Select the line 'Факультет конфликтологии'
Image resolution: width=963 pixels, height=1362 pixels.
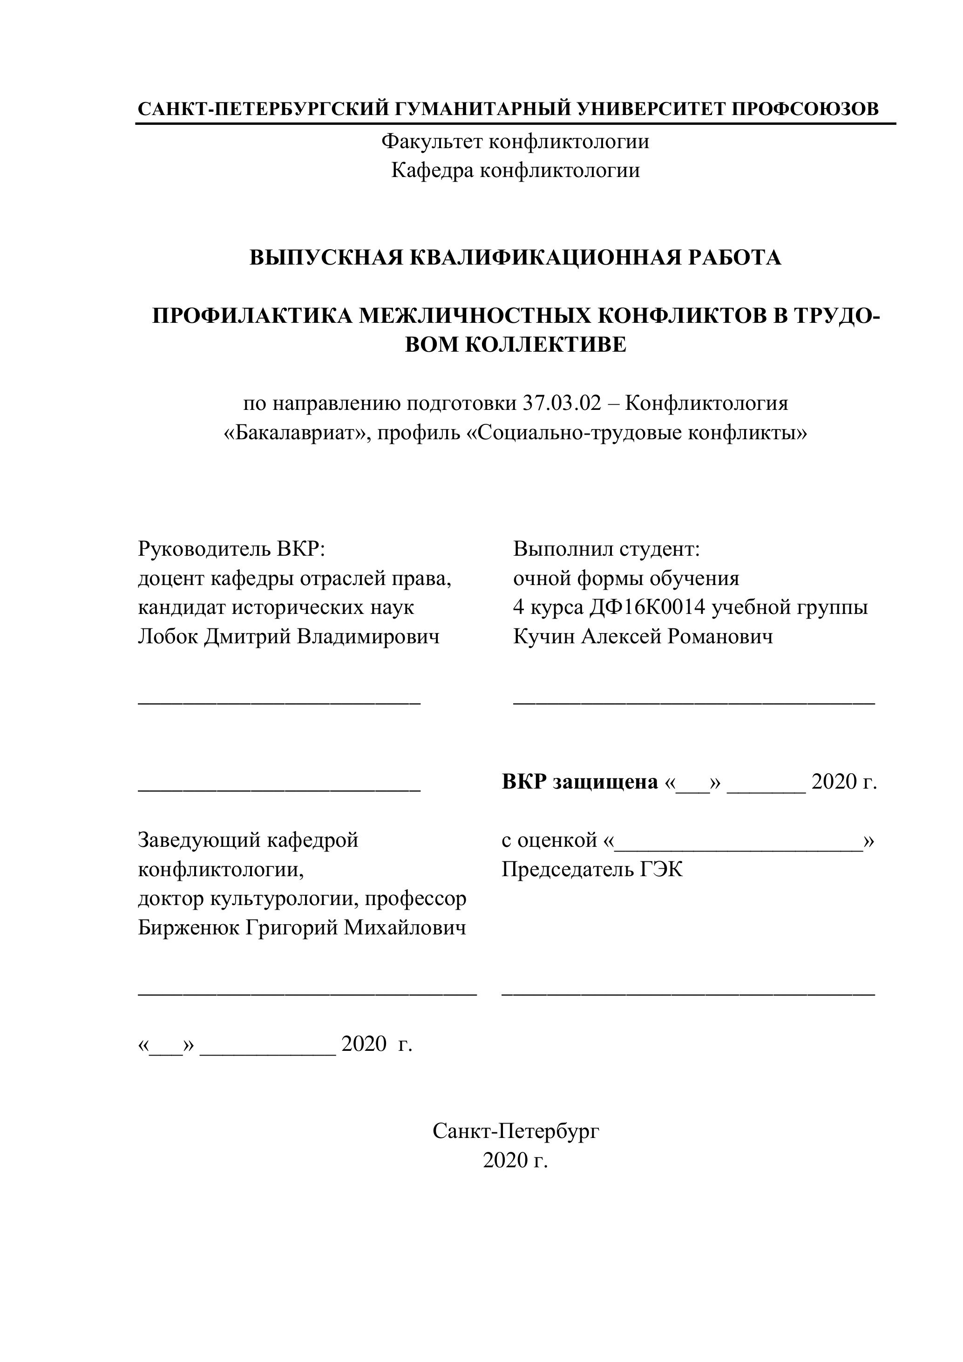pos(515,142)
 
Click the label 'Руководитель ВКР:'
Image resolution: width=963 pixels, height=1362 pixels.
pos(232,549)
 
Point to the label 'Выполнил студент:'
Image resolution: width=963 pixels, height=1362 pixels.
pos(607,549)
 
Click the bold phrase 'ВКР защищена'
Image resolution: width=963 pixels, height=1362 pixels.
pos(579,782)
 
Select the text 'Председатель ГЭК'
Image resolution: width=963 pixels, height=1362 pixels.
pos(592,870)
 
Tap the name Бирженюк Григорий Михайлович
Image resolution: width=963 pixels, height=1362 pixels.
pos(302,927)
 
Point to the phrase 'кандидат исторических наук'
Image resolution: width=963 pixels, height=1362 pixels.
pos(276,607)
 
